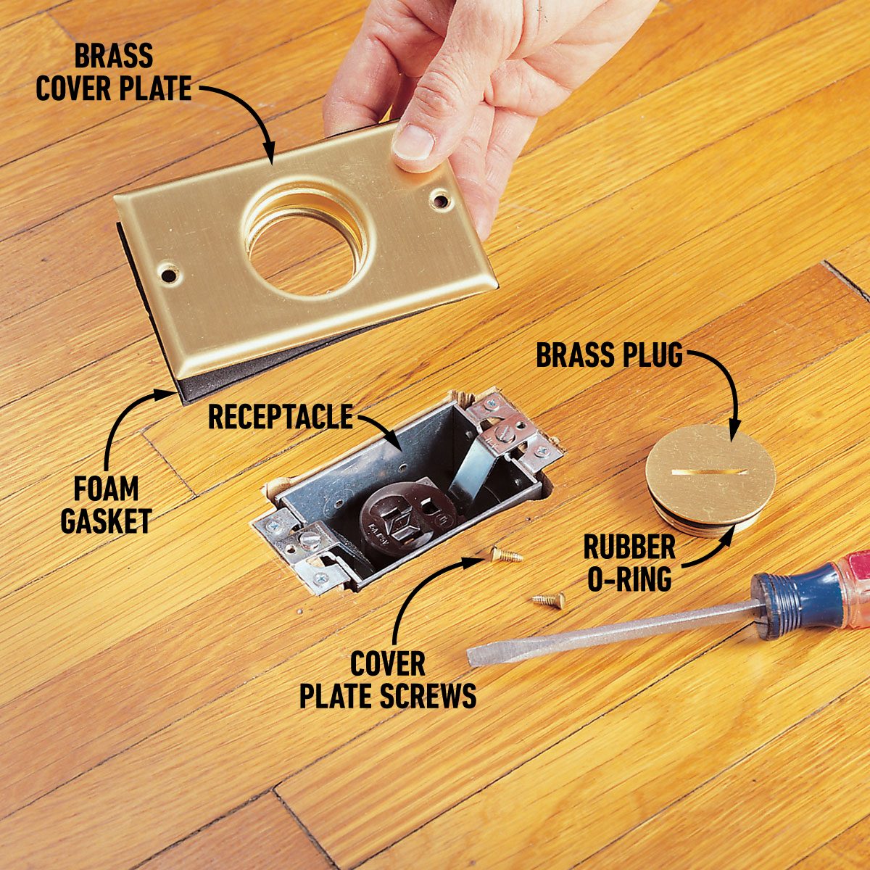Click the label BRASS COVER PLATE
click(x=114, y=72)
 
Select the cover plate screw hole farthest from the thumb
click(x=169, y=275)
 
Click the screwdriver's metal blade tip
click(x=476, y=657)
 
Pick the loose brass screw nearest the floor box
click(x=505, y=556)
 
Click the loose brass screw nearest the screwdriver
click(x=549, y=600)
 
